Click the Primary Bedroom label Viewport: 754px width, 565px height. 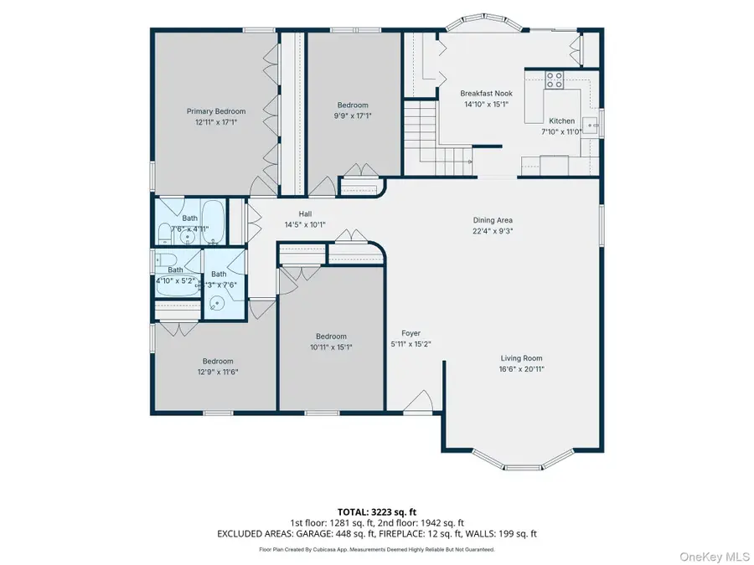216,111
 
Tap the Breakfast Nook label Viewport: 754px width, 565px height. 487,94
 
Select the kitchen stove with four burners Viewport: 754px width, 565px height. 555,81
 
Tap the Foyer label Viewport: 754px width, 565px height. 411,333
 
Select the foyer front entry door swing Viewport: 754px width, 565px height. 418,403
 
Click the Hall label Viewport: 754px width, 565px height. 305,213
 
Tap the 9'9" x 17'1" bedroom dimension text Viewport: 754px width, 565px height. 352,116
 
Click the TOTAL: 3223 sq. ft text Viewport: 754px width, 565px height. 376,510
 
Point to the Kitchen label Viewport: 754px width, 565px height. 562,121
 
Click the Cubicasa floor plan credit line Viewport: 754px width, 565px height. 376,550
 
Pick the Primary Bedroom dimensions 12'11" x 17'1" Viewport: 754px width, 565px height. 216,122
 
